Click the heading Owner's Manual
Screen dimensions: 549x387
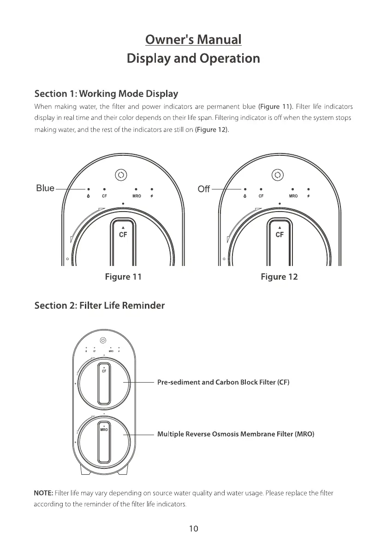pyautogui.click(x=193, y=40)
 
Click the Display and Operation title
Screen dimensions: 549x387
pyautogui.click(x=193, y=59)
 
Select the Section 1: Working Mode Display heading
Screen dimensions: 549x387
pyautogui.click(x=107, y=94)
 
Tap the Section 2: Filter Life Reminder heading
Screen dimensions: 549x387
pyautogui.click(x=100, y=306)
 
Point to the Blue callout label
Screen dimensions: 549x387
pyautogui.click(x=45, y=188)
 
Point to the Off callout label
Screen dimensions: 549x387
pyautogui.click(x=203, y=189)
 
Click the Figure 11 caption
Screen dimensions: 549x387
pyautogui.click(x=123, y=277)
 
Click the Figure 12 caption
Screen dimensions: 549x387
pyautogui.click(x=279, y=277)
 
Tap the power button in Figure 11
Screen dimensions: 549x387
pyautogui.click(x=121, y=175)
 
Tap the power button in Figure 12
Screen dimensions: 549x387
pyautogui.click(x=277, y=175)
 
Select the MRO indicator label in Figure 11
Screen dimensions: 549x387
pyautogui.click(x=137, y=196)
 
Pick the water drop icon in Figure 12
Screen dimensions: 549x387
pyautogui.click(x=244, y=196)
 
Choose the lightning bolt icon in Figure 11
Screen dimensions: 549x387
pyautogui.click(x=152, y=196)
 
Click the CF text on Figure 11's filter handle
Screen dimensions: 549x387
pyautogui.click(x=123, y=234)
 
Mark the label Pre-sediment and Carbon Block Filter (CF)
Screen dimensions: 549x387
pyautogui.click(x=223, y=383)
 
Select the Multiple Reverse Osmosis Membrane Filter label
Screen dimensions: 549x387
pyautogui.click(x=236, y=434)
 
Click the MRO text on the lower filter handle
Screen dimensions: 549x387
pyautogui.click(x=104, y=429)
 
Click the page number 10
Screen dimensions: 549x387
pyautogui.click(x=193, y=529)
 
